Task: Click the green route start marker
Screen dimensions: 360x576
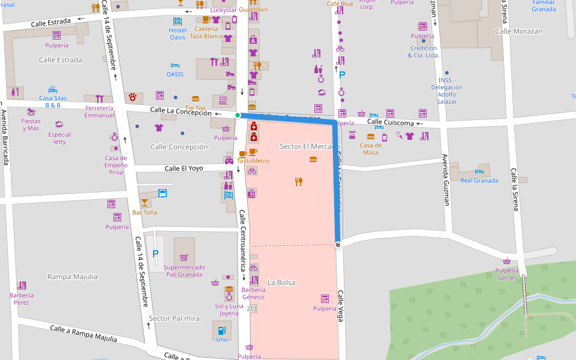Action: tap(238, 115)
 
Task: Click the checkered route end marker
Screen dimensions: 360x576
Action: tap(338, 245)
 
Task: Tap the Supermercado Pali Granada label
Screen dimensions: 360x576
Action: tap(184, 271)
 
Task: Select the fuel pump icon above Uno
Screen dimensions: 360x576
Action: tap(222, 329)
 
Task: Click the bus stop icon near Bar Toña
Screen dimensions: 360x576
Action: tap(162, 193)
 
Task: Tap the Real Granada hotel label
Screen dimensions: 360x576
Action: tap(479, 181)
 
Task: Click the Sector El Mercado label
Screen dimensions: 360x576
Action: tap(310, 146)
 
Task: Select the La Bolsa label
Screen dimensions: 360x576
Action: tap(281, 283)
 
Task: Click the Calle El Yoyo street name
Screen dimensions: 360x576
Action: tap(184, 169)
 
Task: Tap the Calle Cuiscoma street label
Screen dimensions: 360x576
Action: tap(390, 122)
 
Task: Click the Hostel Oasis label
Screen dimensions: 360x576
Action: tap(178, 34)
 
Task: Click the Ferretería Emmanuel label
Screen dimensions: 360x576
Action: tap(99, 112)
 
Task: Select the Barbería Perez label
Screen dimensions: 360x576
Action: tap(22, 298)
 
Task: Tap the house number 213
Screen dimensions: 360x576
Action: tap(251, 309)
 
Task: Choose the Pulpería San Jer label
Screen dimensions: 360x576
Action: tap(506, 274)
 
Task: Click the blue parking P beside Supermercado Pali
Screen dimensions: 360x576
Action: tap(155, 254)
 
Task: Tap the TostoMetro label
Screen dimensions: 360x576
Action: tap(253, 161)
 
